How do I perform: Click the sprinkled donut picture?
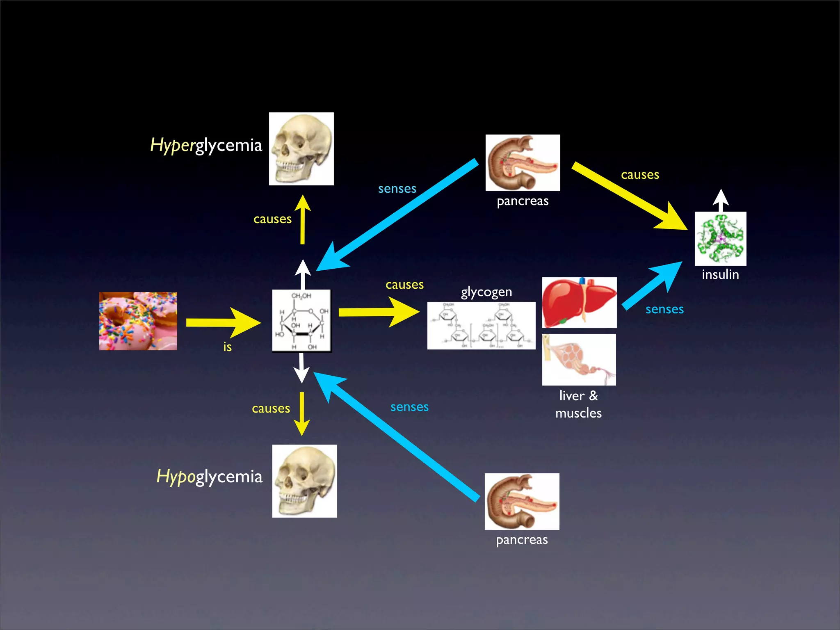pos(138,321)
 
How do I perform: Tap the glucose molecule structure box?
pos(302,321)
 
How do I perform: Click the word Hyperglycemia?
pos(206,146)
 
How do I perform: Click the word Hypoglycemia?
pos(209,477)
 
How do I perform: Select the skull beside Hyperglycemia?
pos(301,149)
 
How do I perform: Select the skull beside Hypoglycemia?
pos(305,481)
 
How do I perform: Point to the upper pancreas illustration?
pos(523,163)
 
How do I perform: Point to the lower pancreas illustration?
pos(522,502)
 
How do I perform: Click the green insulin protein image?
pos(721,239)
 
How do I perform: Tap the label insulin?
pos(721,274)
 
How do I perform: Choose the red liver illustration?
pos(579,303)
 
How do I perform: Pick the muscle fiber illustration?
pos(579,360)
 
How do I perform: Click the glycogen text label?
pos(486,292)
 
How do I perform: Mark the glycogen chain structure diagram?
pos(482,326)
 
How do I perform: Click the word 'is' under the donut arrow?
pos(228,347)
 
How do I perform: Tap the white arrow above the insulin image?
pos(721,200)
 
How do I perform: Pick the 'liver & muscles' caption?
pos(579,404)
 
